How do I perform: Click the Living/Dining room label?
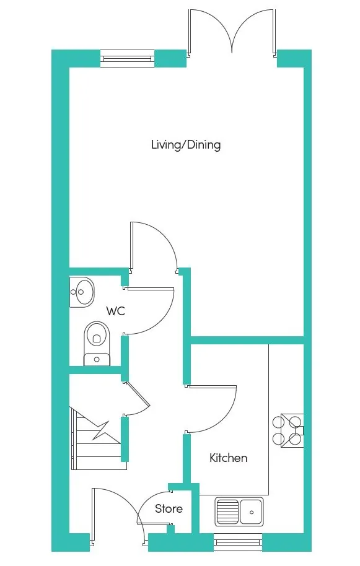click(x=186, y=145)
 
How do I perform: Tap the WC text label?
click(x=115, y=310)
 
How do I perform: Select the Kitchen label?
click(x=228, y=458)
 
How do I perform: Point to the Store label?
click(x=169, y=508)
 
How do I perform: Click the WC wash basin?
click(x=82, y=292)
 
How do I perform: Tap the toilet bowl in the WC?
click(x=97, y=337)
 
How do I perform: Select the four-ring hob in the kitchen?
click(x=288, y=430)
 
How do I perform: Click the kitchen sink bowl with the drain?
click(x=252, y=512)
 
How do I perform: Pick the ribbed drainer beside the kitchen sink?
click(x=227, y=512)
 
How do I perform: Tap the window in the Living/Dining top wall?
click(x=127, y=58)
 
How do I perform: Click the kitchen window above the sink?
click(x=237, y=542)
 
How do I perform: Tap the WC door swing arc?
click(x=163, y=318)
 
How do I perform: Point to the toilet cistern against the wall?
click(x=97, y=360)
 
